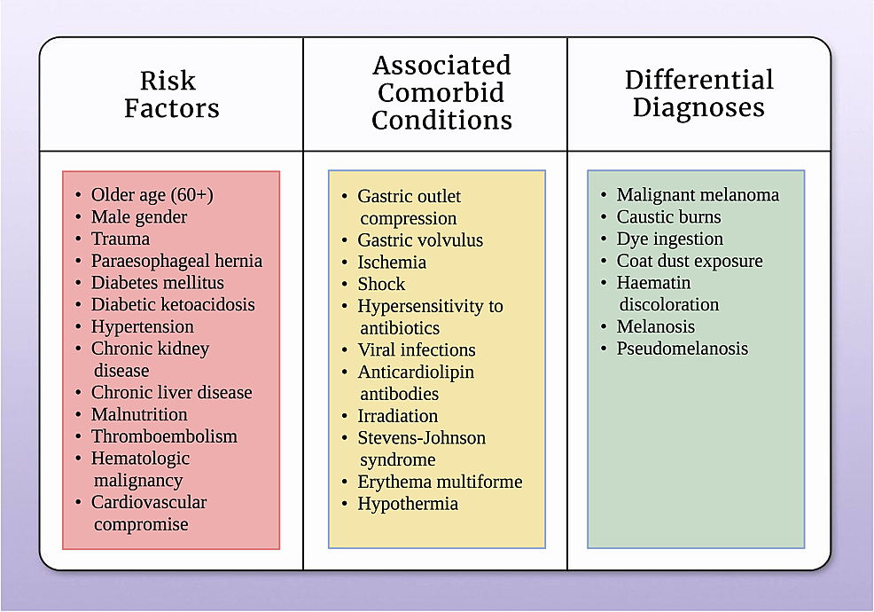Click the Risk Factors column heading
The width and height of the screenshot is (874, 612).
pos(171,94)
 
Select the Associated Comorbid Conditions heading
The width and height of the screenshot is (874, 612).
pos(441,92)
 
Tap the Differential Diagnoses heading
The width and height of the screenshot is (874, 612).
pos(698,93)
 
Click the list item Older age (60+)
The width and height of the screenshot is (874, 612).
pos(152,195)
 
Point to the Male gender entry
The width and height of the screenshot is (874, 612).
pos(139,217)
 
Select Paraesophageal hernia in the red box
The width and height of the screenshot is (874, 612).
pos(176,261)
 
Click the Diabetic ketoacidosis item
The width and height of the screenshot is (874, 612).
pos(172,305)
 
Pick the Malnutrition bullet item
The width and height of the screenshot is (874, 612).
pos(139,415)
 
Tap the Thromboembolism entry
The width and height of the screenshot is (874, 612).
pos(164,436)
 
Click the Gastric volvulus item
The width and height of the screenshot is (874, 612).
pos(420,240)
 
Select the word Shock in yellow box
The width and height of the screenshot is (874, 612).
pos(381,285)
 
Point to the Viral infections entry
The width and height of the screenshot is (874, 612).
pos(416,350)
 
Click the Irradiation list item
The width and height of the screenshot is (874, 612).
pos(397,416)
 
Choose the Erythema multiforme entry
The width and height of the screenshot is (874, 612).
pos(440,483)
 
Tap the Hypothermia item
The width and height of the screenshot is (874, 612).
pos(408,504)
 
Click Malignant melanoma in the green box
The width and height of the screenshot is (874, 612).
pos(698,195)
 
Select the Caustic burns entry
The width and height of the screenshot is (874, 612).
pos(668,217)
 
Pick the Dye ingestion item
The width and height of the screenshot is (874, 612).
pos(669,239)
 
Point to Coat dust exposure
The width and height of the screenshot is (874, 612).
pos(689,262)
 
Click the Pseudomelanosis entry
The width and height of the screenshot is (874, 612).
pos(682,349)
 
